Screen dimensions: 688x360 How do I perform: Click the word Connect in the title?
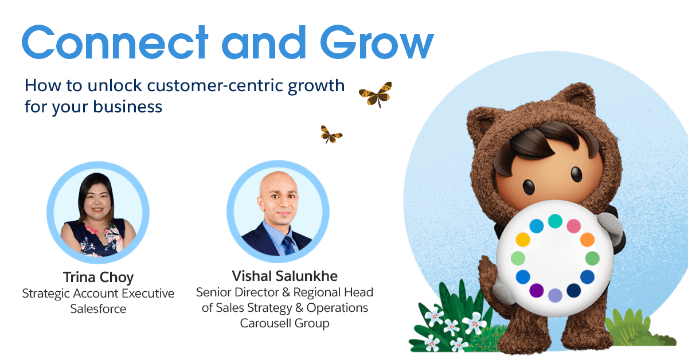pos(115,42)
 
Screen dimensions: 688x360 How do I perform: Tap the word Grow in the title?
pos(377,42)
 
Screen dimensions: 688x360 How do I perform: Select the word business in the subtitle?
pos(127,107)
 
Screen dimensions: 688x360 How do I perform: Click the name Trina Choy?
pos(98,277)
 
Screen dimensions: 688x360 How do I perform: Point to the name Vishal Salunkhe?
pos(285,276)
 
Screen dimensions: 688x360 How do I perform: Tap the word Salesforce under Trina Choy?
pos(98,309)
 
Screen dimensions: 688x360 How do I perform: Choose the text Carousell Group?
pos(285,323)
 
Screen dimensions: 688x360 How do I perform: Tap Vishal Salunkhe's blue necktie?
pos(289,245)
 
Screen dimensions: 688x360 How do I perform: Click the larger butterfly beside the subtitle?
pos(376,94)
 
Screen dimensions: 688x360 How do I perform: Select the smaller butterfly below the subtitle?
pos(331,135)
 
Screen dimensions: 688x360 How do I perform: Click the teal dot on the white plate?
pos(555,221)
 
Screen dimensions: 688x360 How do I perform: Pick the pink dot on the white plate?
pos(573,226)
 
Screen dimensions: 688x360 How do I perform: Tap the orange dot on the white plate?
pos(587,240)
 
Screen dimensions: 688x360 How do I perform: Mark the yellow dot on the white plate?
pos(523,240)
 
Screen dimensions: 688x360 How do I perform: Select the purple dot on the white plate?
pos(536,290)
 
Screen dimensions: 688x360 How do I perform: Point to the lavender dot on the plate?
pos(555,295)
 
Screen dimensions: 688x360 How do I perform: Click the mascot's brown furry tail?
pos(491,285)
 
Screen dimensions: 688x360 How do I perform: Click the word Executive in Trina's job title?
pos(148,294)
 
